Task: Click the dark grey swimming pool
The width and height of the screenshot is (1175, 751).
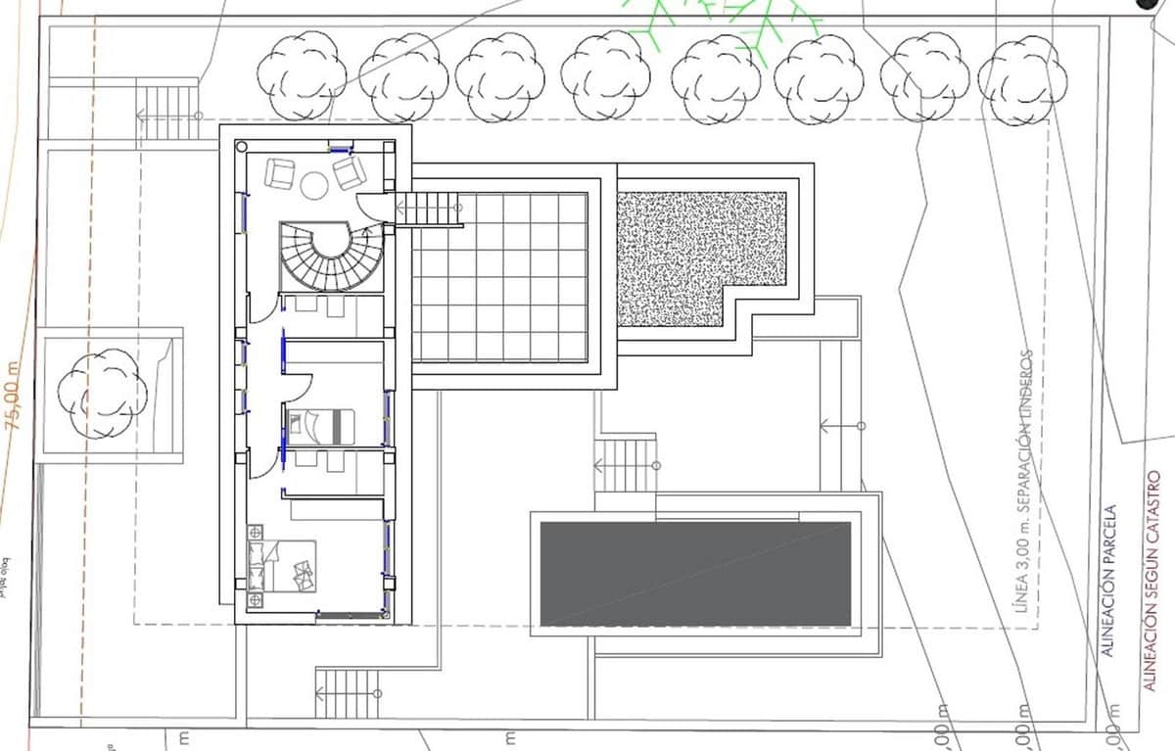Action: point(695,574)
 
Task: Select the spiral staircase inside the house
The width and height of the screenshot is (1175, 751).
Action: point(316,256)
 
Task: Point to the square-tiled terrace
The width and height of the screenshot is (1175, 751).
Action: point(499,277)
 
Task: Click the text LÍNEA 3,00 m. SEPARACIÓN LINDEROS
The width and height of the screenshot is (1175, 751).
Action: point(1024,480)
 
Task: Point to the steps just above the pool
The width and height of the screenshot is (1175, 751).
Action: point(624,464)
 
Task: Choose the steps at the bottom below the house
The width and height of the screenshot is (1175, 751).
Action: point(347,693)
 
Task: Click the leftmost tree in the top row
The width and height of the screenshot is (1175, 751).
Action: point(302,75)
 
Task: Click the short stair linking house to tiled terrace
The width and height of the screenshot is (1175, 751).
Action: point(428,208)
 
